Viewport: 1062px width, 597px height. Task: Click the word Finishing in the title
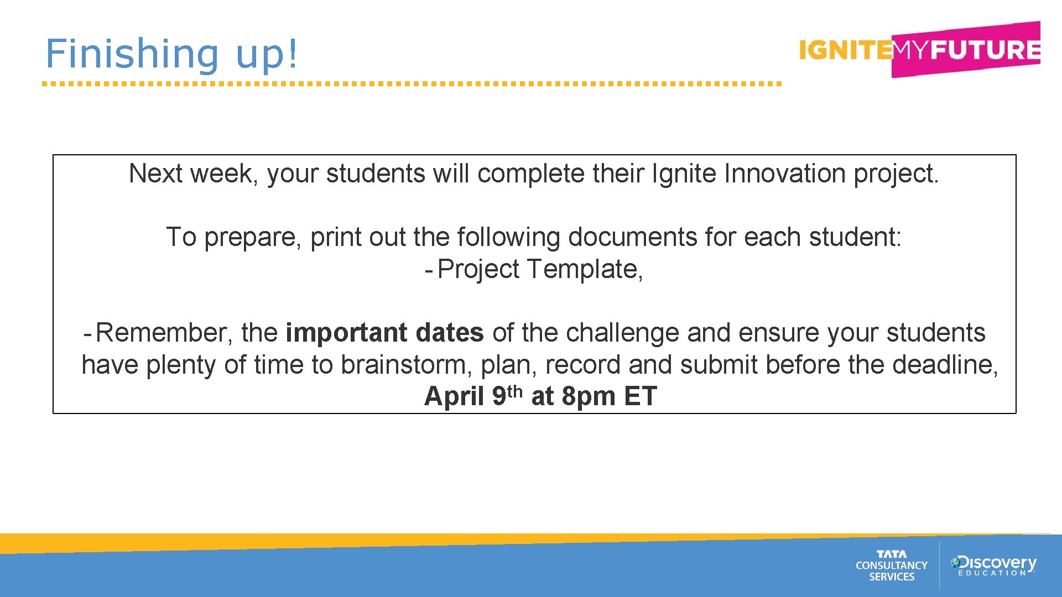pos(132,54)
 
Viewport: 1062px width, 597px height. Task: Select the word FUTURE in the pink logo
pos(985,50)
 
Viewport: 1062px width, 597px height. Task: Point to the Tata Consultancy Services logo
pos(891,565)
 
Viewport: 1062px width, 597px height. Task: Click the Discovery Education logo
pos(993,565)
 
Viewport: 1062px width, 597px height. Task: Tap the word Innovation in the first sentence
pos(785,174)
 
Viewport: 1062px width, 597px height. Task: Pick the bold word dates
pos(450,333)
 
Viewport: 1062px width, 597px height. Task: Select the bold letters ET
pos(640,396)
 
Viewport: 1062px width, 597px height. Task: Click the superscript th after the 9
pos(515,391)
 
